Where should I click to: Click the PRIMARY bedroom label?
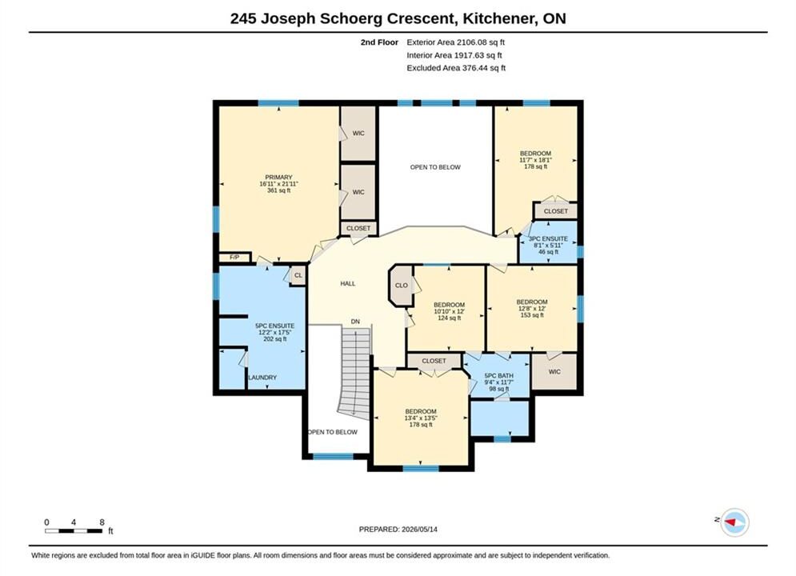tap(278, 177)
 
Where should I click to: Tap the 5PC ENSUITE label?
tap(274, 326)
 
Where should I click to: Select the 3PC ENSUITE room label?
tap(548, 238)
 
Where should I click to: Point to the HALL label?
tap(348, 284)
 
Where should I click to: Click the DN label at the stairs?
tap(355, 322)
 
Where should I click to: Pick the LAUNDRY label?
tap(262, 378)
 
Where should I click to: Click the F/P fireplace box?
tap(234, 258)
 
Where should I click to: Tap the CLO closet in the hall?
tap(401, 286)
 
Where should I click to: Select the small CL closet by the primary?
tap(298, 275)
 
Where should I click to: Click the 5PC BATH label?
tap(499, 375)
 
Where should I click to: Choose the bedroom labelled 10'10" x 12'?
tap(449, 311)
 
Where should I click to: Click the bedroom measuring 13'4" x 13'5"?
tap(421, 418)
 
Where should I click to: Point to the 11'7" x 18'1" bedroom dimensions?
tap(535, 160)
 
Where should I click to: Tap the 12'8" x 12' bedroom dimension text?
tap(532, 309)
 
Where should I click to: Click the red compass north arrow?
tap(730, 522)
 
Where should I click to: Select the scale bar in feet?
tap(74, 531)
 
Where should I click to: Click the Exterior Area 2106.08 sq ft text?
tap(455, 42)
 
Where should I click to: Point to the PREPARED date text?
tap(398, 529)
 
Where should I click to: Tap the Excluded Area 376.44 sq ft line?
tap(456, 67)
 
